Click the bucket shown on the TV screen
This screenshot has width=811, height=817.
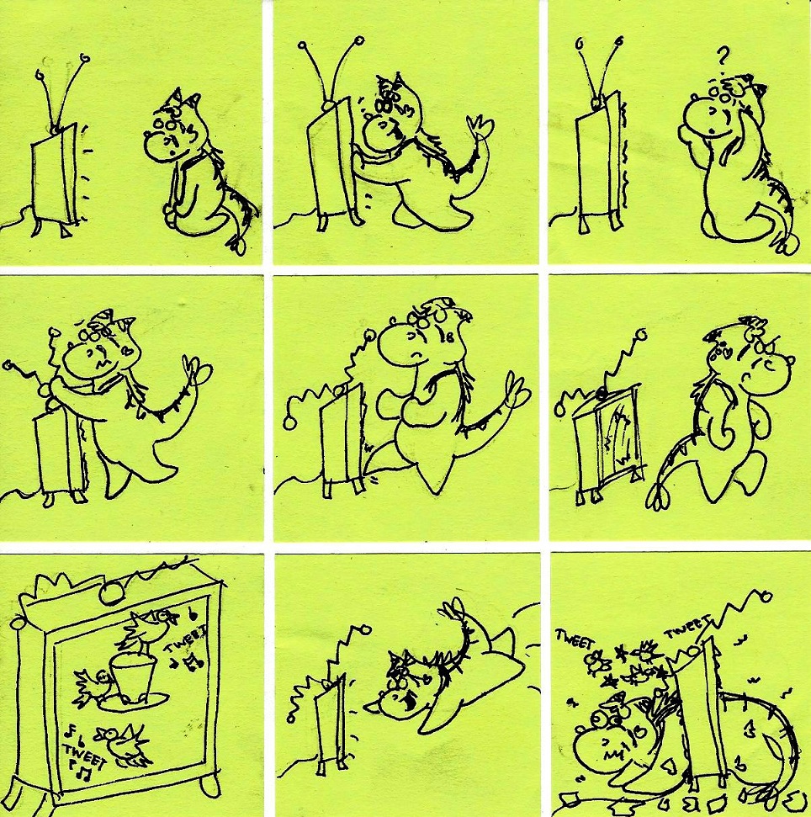tap(132, 676)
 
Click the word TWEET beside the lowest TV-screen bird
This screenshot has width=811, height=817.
tap(84, 756)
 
